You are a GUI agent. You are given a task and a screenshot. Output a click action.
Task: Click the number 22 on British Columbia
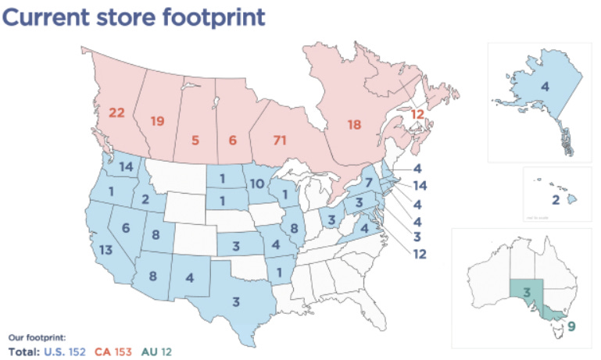coord(116,113)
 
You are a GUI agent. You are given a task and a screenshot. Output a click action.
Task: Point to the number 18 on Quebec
coord(354,124)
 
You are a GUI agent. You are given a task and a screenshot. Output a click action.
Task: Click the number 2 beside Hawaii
coord(556,200)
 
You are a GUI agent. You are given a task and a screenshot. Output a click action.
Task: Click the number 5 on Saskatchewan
coord(195,141)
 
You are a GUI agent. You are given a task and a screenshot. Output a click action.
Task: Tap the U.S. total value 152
coord(77,351)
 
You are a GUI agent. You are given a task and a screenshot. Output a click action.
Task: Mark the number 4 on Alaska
coord(545,86)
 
